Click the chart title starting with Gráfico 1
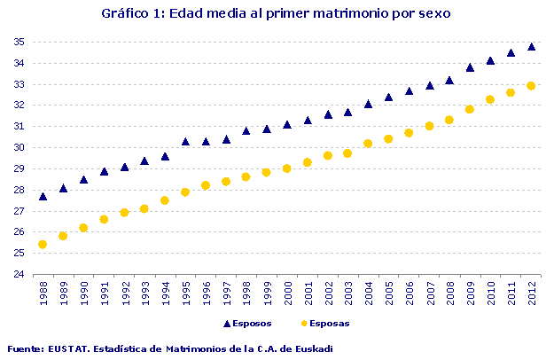coord(277,13)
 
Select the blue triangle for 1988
coord(43,196)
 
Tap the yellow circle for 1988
coord(43,244)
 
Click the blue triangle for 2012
coord(531,46)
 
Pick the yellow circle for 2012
coord(531,86)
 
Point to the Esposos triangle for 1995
coord(185,141)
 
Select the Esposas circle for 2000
coord(287,168)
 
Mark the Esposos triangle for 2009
coord(470,67)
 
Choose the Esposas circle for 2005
coord(388,138)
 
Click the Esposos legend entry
coord(248,325)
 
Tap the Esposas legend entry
coord(324,325)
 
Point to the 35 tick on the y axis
coord(19,42)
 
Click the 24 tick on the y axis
coord(19,274)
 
